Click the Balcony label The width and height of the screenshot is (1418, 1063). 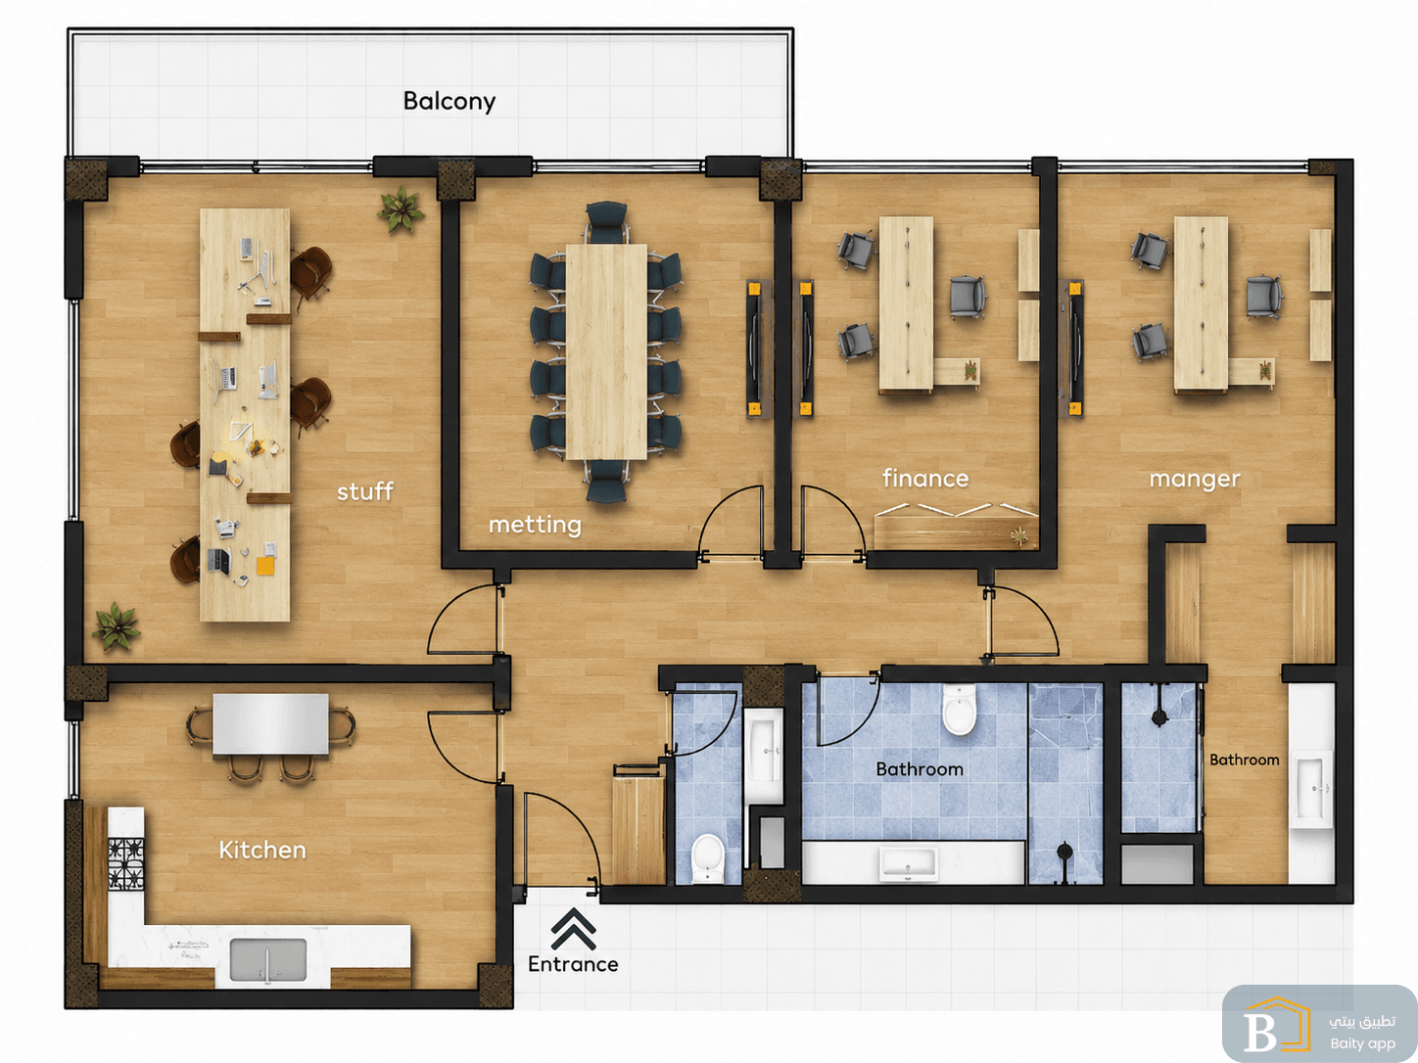tap(449, 102)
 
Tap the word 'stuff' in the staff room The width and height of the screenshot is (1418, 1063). tap(365, 491)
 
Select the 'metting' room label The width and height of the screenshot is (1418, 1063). tap(535, 525)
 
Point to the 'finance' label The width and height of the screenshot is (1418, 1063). tap(925, 479)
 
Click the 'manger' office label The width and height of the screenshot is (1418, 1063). tap(1195, 480)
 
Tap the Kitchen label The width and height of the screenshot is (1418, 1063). tap(262, 850)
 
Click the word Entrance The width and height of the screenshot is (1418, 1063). tap(573, 964)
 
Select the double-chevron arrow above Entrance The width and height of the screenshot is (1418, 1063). tap(574, 928)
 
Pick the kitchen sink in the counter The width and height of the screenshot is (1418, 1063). tap(268, 959)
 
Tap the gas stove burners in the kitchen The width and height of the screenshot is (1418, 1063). tap(126, 863)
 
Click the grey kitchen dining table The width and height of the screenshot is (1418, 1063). tap(270, 723)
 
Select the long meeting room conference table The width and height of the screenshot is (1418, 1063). tap(606, 351)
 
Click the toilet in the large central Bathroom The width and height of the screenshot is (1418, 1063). tap(959, 710)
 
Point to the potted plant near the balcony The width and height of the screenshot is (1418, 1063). tap(402, 208)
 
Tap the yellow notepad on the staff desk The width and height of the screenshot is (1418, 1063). tap(265, 566)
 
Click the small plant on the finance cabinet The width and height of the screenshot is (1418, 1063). tap(1018, 535)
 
